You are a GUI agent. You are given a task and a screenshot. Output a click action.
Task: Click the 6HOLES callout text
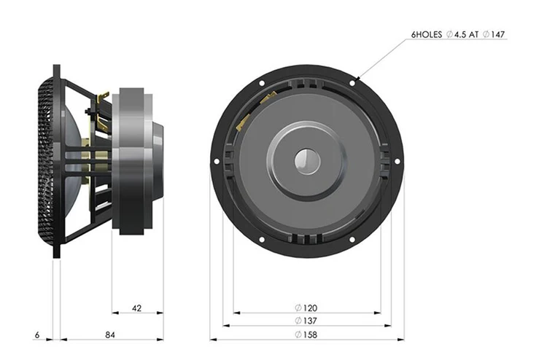(427, 34)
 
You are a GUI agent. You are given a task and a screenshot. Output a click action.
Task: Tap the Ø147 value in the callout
(494, 34)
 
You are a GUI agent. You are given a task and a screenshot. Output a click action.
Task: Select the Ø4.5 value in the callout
(455, 34)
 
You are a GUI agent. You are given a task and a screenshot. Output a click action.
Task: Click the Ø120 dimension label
(306, 308)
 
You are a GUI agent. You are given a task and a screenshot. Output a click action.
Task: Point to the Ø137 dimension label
(306, 321)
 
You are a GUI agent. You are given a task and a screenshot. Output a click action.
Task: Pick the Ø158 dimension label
(306, 335)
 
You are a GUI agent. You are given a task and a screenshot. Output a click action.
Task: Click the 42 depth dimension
(137, 308)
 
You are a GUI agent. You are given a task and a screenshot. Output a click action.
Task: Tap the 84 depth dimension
(110, 335)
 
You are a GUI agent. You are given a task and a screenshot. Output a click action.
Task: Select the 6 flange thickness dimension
(37, 335)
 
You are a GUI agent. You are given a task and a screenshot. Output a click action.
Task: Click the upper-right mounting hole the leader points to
(352, 83)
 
